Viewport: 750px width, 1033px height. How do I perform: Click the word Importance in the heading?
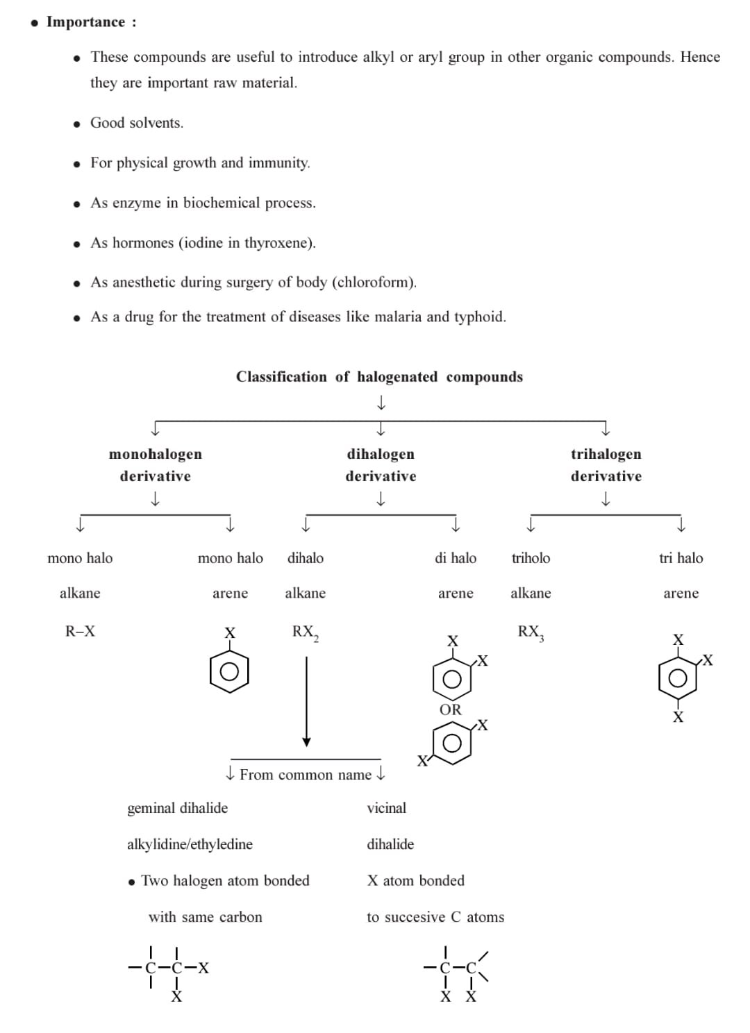(x=85, y=22)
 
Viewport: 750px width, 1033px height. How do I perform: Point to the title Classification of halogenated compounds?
(x=379, y=377)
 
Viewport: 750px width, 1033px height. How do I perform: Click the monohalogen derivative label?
(x=156, y=465)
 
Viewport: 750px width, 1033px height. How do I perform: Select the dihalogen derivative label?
(x=381, y=465)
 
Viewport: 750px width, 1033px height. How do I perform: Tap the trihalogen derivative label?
(x=606, y=465)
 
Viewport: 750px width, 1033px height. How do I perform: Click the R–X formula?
(x=80, y=632)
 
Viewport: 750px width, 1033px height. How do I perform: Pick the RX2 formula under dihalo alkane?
(x=305, y=632)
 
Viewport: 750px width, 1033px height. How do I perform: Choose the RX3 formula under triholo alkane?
(x=531, y=632)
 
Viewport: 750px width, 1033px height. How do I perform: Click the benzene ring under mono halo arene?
(x=229, y=671)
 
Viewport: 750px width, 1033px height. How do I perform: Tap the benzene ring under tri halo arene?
(x=678, y=678)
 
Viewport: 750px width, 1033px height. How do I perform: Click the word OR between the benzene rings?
(x=450, y=709)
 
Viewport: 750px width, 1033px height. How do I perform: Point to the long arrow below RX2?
(x=306, y=701)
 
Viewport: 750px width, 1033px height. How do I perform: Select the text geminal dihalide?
(x=177, y=808)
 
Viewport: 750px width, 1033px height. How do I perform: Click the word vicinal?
(x=386, y=808)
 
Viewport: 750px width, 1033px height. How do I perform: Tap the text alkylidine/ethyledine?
(x=190, y=844)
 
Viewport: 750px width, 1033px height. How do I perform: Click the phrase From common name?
(x=306, y=775)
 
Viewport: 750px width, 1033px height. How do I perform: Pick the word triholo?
(x=531, y=558)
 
